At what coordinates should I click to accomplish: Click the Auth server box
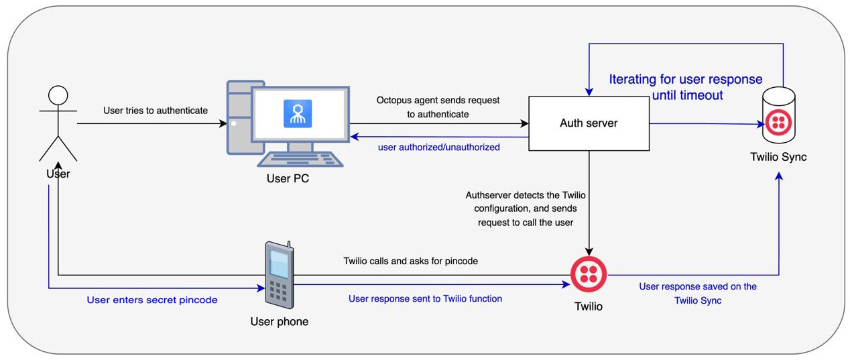click(589, 123)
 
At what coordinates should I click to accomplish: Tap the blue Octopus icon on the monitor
click(298, 113)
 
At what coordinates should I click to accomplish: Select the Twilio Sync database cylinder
click(779, 115)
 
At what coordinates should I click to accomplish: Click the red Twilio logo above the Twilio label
click(589, 274)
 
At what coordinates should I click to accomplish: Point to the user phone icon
click(280, 275)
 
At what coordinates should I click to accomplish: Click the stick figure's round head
click(58, 95)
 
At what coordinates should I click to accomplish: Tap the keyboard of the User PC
click(300, 160)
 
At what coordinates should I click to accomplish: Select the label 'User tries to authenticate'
click(156, 111)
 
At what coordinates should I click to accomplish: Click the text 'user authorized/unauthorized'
click(438, 147)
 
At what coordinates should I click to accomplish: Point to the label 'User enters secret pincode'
click(152, 300)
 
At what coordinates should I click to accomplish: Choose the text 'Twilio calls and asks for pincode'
click(410, 261)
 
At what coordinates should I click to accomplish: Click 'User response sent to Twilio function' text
click(425, 298)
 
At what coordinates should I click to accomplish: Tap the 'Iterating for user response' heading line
click(686, 79)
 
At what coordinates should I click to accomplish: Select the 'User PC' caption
click(288, 178)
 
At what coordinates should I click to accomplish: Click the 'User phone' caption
click(280, 321)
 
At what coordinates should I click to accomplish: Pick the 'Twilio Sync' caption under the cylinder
click(778, 157)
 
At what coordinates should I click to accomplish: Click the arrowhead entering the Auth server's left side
click(524, 123)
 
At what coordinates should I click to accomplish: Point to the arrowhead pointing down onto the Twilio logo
click(589, 251)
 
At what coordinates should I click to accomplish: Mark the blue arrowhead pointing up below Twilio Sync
click(779, 176)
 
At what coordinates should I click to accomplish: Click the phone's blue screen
click(279, 264)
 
